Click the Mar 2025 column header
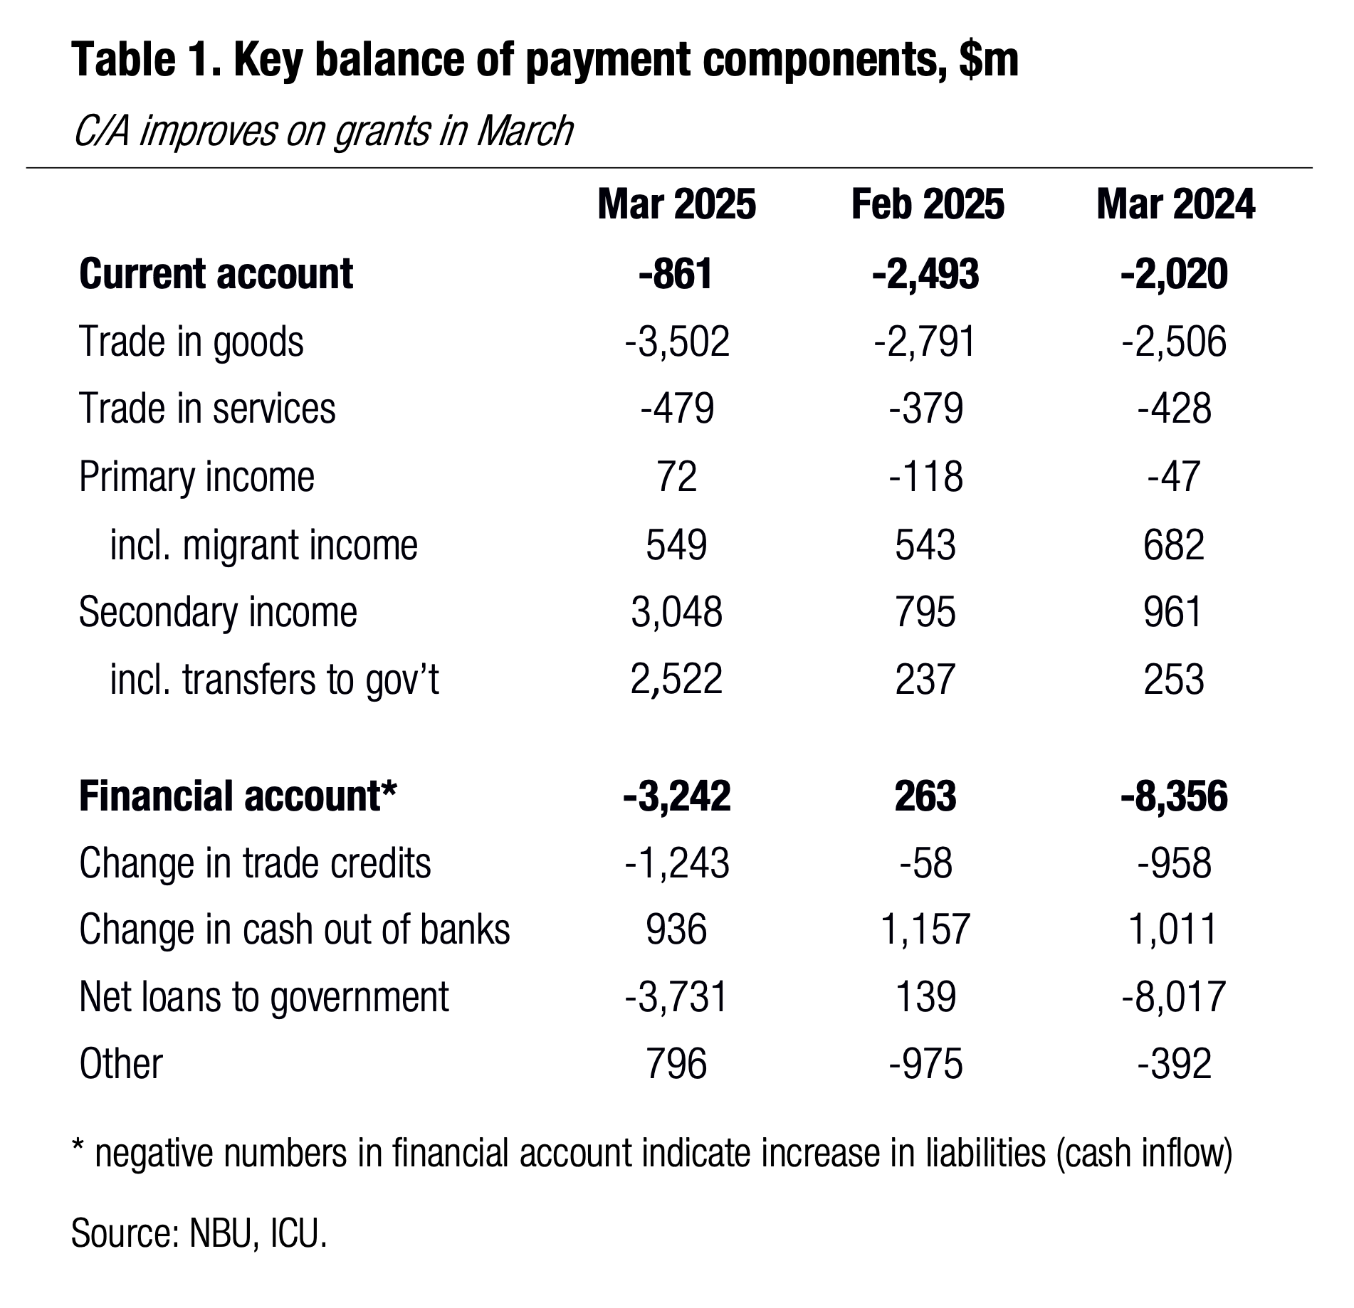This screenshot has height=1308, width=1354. coord(676,205)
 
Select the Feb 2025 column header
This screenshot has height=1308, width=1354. coord(928,205)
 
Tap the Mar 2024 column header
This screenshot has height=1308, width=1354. coord(1175,205)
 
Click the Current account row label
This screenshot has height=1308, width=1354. coord(216,273)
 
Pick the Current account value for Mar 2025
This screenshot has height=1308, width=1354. coord(676,274)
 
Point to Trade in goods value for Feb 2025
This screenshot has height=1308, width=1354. coord(925,342)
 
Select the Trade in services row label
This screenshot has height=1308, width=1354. coord(207,409)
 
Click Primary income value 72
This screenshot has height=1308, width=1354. coord(677,477)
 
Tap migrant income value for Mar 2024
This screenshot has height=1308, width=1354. coord(1174,545)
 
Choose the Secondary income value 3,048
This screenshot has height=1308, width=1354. coord(676,613)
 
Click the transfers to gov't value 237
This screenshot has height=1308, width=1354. coord(925,680)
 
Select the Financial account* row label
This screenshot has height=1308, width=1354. coord(237,796)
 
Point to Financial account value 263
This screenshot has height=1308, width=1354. coord(925,796)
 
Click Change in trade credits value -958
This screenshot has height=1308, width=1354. coord(1175,864)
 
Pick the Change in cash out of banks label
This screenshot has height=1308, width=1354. coord(295,930)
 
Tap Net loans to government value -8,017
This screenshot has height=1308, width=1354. coord(1174,997)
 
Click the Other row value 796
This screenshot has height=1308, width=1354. coord(676,1065)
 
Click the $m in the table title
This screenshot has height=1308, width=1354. coord(989,60)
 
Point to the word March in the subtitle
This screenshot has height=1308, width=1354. coord(525,132)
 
